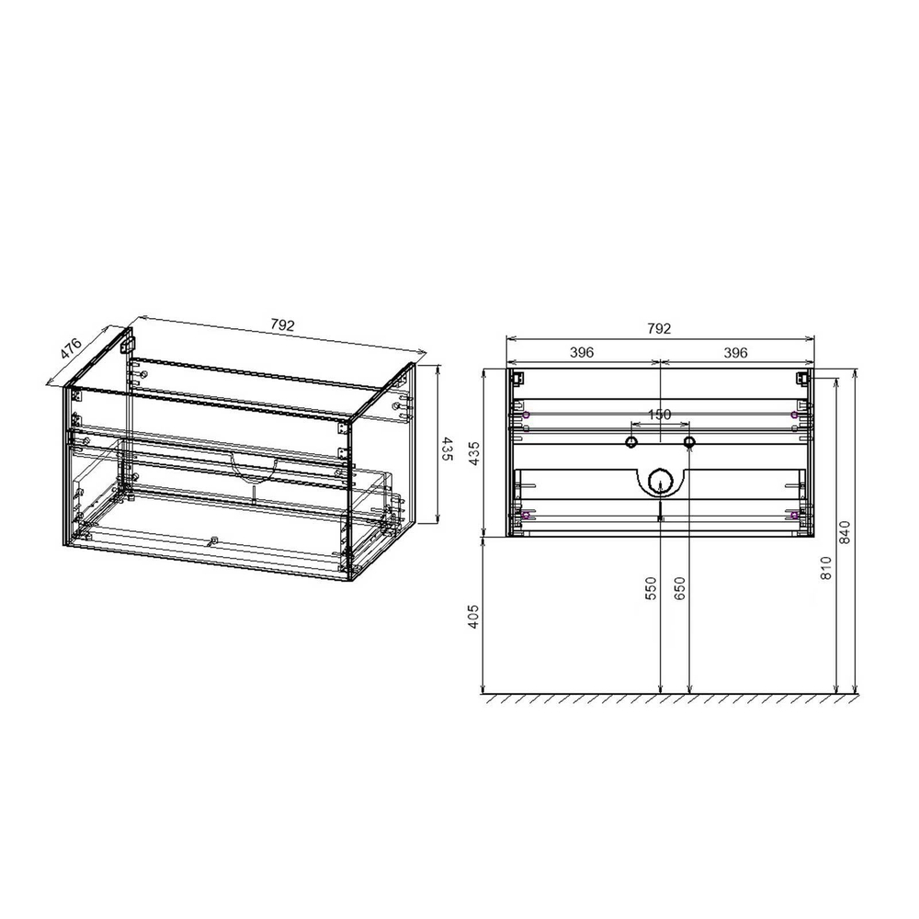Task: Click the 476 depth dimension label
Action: point(73,350)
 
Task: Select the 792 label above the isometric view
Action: point(282,325)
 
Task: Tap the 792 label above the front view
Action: point(660,328)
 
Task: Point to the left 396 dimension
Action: point(583,352)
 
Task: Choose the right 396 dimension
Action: point(735,352)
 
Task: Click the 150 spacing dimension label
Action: point(660,414)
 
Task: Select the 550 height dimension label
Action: point(651,589)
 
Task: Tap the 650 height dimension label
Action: point(680,589)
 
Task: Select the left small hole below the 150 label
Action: point(631,443)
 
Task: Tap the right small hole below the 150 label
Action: point(689,443)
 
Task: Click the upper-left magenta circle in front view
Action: point(526,415)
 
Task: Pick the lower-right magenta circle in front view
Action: point(794,516)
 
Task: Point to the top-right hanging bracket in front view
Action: point(801,377)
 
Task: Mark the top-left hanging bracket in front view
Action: point(517,377)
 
